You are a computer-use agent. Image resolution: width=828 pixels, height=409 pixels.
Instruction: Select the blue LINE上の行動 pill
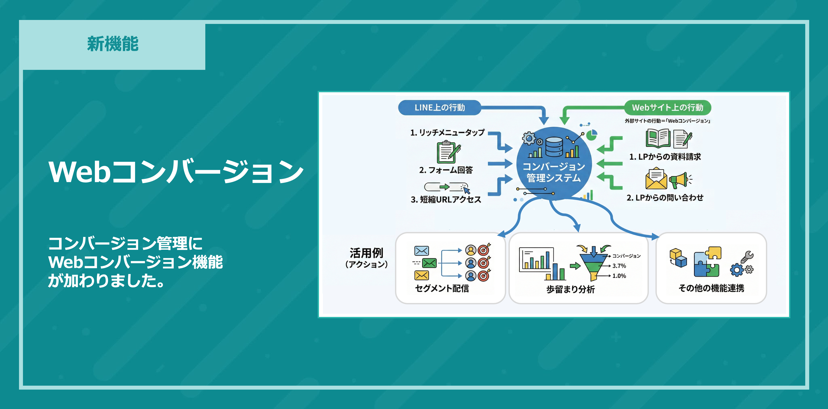(439, 107)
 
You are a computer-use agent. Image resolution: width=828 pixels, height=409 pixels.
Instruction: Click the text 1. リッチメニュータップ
(447, 133)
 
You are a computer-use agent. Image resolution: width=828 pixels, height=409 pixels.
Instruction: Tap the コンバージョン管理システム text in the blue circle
(553, 172)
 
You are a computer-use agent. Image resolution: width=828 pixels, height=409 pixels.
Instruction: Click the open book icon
(658, 139)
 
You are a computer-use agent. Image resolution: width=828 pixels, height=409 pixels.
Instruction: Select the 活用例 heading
(366, 253)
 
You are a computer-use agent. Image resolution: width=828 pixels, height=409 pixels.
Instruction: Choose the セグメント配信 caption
(442, 288)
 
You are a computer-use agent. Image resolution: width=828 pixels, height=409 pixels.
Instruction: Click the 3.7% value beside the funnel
(619, 266)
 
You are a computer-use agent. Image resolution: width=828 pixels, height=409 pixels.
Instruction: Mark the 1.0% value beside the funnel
(619, 276)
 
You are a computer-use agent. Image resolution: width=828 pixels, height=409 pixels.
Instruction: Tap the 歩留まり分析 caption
(571, 289)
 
